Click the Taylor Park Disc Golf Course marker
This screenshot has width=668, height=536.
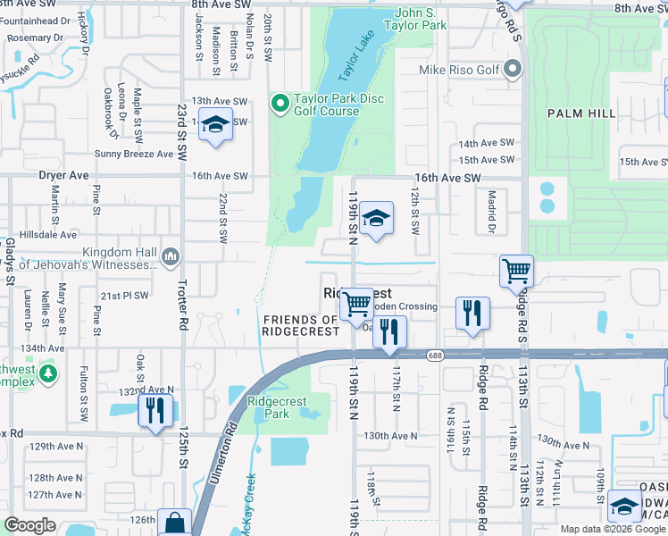(280, 105)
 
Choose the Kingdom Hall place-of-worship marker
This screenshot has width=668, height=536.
(172, 258)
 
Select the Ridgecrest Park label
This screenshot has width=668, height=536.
(269, 407)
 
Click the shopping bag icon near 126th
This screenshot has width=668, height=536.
(175, 523)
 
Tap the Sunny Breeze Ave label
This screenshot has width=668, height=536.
(134, 154)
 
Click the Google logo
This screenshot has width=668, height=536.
(30, 525)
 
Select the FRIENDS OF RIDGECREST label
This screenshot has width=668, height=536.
(301, 325)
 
